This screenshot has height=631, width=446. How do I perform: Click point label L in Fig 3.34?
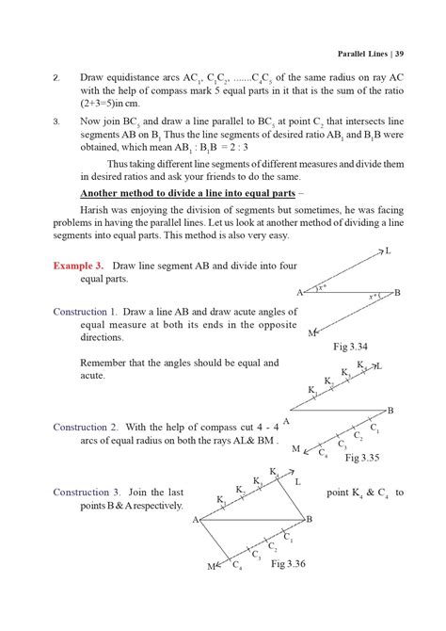pyautogui.click(x=388, y=251)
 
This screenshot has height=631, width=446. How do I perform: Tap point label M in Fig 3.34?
pyautogui.click(x=311, y=333)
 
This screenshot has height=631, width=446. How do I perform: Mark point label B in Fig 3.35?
pyautogui.click(x=390, y=410)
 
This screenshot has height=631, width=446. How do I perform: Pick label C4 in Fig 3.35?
pyautogui.click(x=324, y=455)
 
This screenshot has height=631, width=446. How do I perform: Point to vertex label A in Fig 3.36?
pyautogui.click(x=196, y=519)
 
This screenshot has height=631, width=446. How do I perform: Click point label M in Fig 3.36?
pyautogui.click(x=211, y=567)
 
